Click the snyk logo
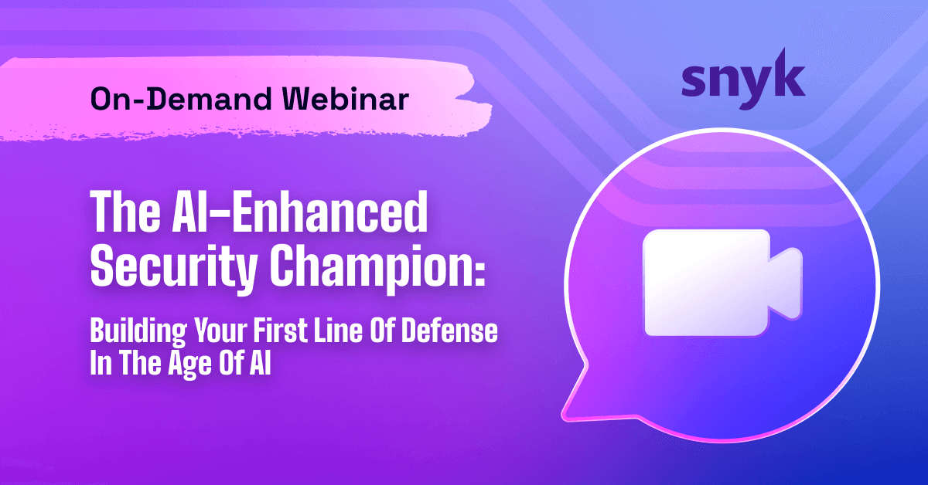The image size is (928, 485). click(x=743, y=80)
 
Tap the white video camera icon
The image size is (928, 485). click(x=722, y=283)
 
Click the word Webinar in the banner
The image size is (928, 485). click(x=346, y=100)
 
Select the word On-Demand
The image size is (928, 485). click(x=181, y=100)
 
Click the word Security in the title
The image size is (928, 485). click(x=174, y=266)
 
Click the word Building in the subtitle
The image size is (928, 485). click(x=138, y=332)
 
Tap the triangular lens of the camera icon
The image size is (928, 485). click(x=786, y=284)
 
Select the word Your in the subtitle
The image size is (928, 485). click(x=221, y=331)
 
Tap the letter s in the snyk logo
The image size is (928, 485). click(x=694, y=83)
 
